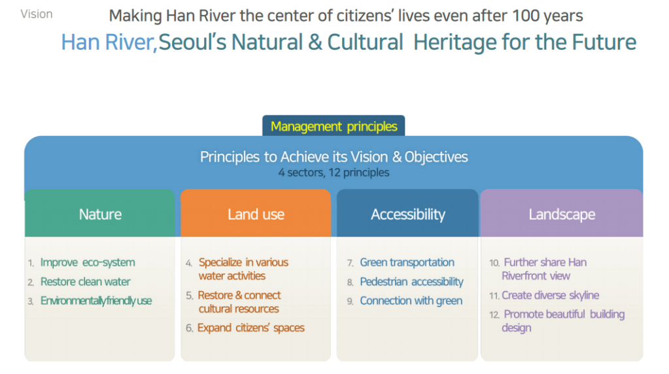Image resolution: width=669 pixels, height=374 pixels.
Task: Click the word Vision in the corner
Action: [x=36, y=14]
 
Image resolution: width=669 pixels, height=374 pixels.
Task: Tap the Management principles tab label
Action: [x=334, y=126]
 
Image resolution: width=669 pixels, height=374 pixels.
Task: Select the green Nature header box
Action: [x=100, y=213]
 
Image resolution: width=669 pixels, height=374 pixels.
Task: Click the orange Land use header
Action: [x=256, y=213]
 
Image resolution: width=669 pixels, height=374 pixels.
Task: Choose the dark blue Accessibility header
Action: [x=407, y=213]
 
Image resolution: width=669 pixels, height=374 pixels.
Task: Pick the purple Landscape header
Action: [x=562, y=213]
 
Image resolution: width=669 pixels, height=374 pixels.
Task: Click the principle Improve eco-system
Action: [x=88, y=262]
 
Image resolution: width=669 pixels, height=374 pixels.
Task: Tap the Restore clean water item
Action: [x=85, y=281]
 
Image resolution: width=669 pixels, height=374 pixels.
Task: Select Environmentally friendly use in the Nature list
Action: [x=96, y=301]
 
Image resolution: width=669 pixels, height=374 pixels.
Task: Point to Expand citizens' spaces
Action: [x=251, y=328]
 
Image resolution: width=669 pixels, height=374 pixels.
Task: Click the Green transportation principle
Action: [x=407, y=262]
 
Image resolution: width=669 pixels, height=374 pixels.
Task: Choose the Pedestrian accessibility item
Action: [x=412, y=281]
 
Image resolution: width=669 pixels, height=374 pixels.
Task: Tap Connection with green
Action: [x=411, y=301]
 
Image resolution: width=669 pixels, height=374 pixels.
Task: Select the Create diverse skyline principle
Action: [x=551, y=295]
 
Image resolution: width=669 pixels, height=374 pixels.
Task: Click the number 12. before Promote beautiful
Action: [x=494, y=314]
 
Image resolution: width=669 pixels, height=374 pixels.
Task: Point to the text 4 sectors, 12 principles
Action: [x=334, y=173]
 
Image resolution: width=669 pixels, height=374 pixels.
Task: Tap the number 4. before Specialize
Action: [x=189, y=263]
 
